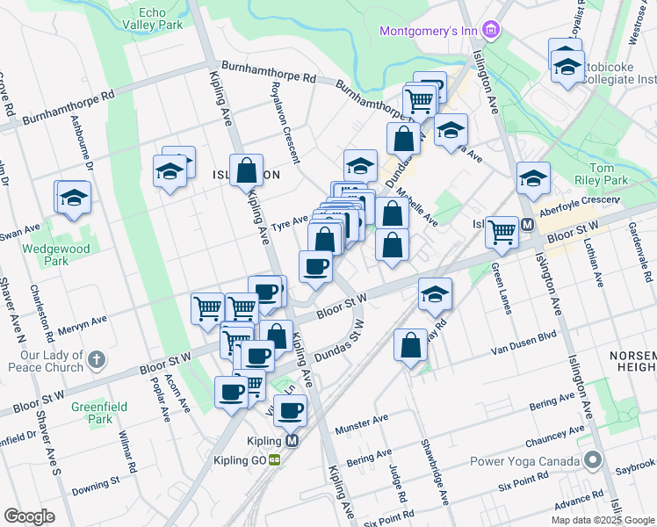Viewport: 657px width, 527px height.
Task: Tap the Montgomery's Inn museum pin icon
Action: click(491, 32)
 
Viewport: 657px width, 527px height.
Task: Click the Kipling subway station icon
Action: click(292, 441)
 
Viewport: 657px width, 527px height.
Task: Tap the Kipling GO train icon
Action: click(275, 459)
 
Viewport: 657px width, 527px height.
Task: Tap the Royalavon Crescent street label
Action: click(285, 124)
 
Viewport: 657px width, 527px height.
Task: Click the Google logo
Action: click(30, 516)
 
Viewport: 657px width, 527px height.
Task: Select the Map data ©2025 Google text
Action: click(602, 520)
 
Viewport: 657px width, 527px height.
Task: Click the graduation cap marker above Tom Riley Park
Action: click(533, 178)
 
